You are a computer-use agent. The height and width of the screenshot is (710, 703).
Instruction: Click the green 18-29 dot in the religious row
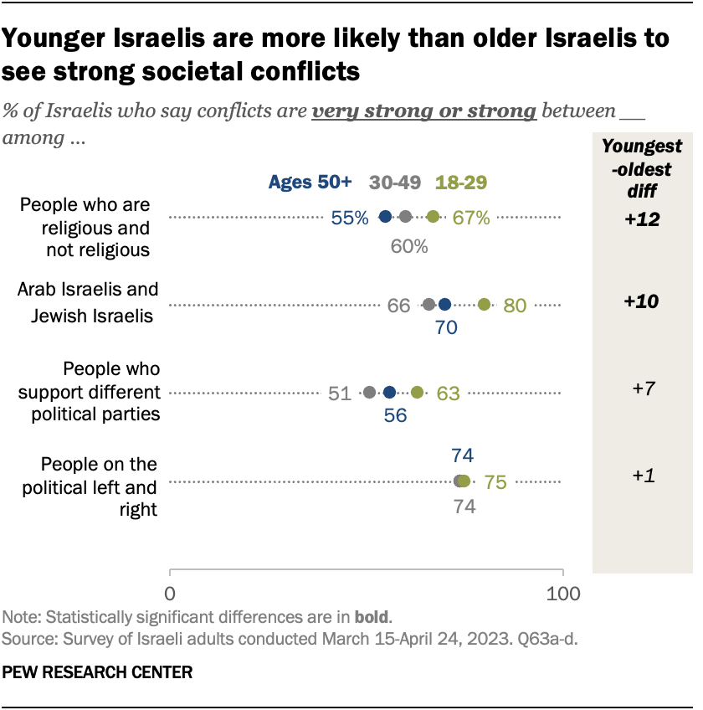[433, 217]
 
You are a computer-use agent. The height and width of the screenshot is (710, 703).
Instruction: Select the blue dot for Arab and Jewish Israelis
[444, 305]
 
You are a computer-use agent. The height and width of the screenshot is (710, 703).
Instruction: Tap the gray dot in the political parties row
[370, 392]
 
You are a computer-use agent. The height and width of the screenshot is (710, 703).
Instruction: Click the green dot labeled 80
[484, 305]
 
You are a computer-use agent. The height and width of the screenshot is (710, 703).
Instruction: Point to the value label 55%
[349, 218]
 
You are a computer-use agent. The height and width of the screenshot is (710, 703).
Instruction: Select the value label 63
[449, 393]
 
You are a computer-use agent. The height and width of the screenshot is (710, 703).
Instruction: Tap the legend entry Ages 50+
[310, 182]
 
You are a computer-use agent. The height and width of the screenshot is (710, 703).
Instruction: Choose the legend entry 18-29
[461, 182]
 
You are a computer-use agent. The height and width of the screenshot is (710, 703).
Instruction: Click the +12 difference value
[642, 219]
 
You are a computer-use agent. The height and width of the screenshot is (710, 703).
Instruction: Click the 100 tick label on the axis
[562, 594]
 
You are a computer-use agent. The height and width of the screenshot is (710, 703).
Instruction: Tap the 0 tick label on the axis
[170, 594]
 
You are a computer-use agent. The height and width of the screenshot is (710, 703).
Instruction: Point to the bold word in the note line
[372, 618]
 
